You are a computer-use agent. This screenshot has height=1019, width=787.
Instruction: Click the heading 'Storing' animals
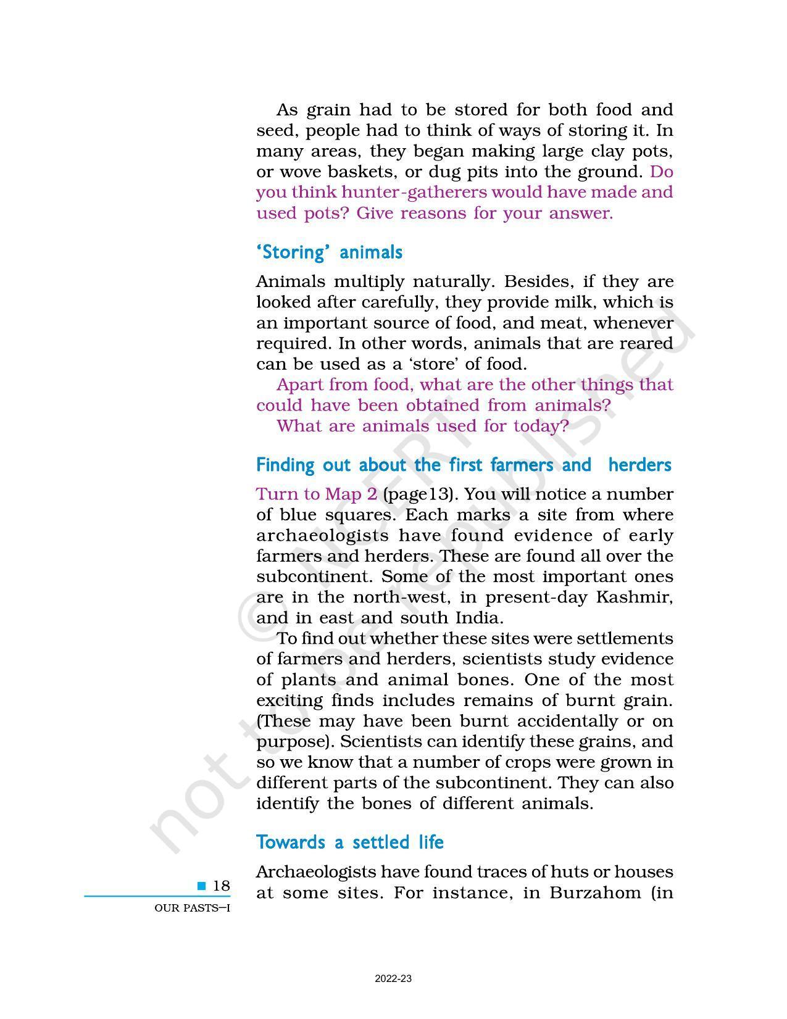[329, 252]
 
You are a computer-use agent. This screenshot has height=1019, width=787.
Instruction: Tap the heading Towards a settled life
[349, 842]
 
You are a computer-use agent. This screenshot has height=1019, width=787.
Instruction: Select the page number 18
[221, 886]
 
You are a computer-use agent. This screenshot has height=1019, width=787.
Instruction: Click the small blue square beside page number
[202, 886]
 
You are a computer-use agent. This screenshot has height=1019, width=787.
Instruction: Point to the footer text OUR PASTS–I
[192, 908]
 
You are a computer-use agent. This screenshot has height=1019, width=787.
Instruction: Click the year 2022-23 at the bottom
[393, 979]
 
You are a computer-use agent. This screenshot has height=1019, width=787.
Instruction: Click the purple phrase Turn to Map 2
[317, 494]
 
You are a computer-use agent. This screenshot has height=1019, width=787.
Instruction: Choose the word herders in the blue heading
[639, 465]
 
